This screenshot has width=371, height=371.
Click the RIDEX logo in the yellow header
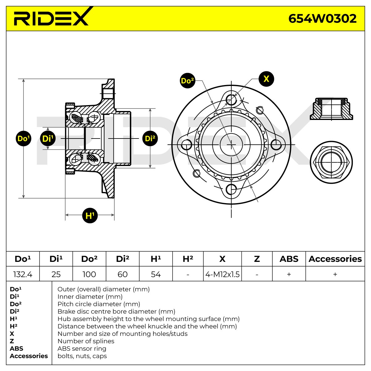tap(53, 17)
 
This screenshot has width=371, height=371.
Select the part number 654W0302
tap(322, 19)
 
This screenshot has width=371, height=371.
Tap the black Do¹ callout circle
tap(23, 139)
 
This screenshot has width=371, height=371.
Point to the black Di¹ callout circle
tap(48, 139)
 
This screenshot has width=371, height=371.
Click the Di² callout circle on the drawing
tap(150, 139)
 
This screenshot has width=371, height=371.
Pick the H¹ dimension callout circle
tap(90, 215)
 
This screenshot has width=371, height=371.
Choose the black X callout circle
tap(266, 79)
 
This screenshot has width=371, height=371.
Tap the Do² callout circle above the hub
tap(187, 81)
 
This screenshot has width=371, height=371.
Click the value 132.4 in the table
tap(23, 274)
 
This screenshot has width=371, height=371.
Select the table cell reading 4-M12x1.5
tap(222, 274)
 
